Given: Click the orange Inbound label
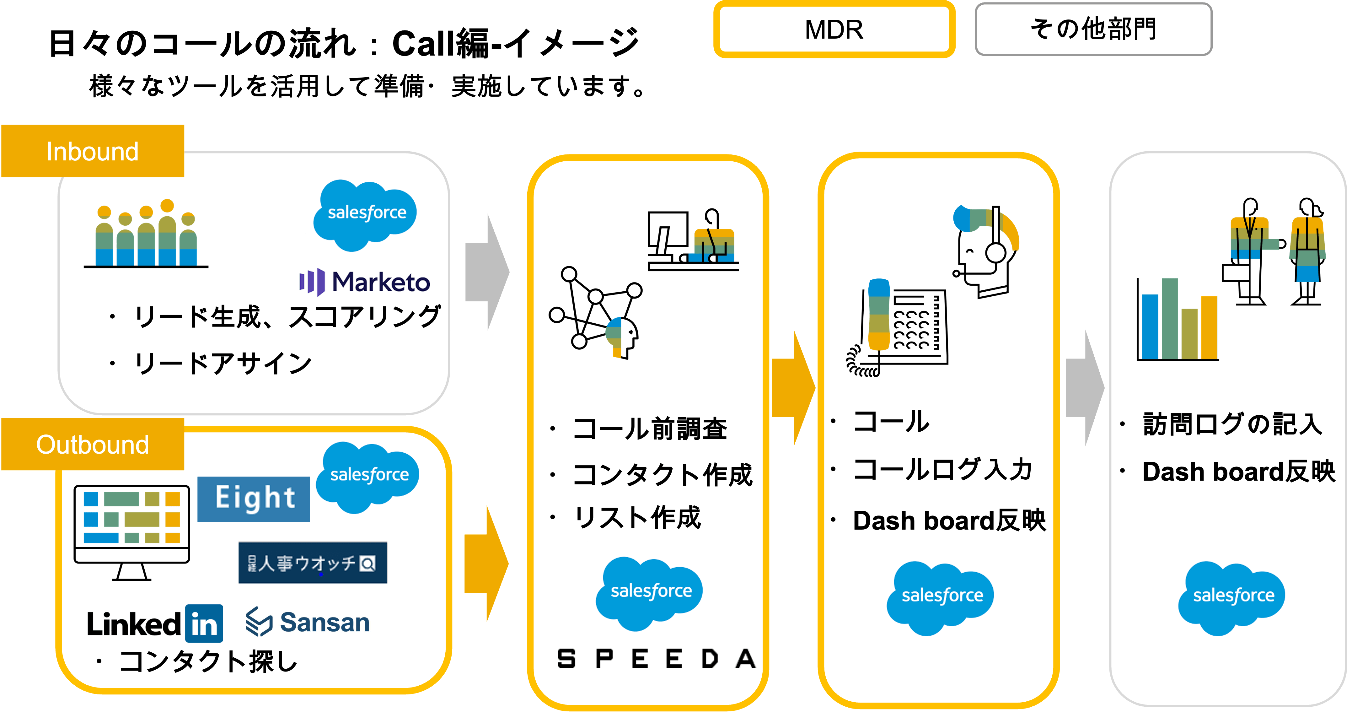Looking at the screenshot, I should click(x=92, y=151).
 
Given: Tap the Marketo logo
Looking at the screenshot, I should click(x=365, y=282).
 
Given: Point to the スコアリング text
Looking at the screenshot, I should click(x=365, y=316).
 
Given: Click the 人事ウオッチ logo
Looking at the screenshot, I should click(x=313, y=563).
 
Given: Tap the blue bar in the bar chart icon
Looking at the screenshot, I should click(x=1150, y=326).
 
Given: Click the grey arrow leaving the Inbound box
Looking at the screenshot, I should click(x=486, y=272).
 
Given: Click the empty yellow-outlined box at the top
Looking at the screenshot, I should click(x=834, y=30).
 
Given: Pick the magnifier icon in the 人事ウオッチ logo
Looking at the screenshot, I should click(x=368, y=564).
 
